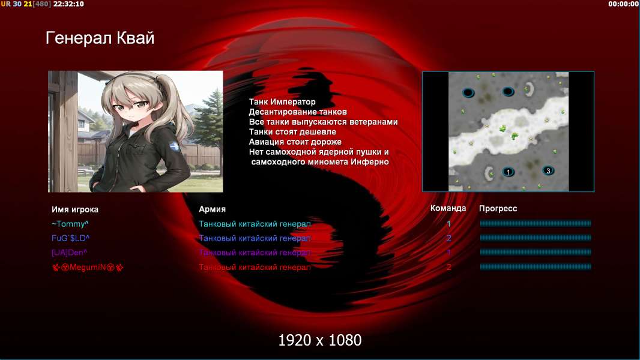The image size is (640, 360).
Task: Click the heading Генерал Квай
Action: click(x=100, y=38)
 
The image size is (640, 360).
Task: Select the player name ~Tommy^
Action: click(x=70, y=224)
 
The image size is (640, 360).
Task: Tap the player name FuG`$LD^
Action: click(x=71, y=238)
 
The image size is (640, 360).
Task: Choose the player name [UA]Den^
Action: click(x=70, y=253)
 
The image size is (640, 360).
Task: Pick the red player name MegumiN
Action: click(x=88, y=268)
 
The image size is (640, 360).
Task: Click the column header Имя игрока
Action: click(x=74, y=209)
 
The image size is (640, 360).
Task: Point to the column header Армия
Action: click(x=213, y=209)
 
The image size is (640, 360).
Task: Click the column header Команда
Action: click(x=448, y=208)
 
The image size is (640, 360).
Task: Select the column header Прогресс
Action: click(x=498, y=209)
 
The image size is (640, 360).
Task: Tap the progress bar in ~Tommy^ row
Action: click(x=536, y=223)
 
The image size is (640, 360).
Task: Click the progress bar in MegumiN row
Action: click(x=536, y=267)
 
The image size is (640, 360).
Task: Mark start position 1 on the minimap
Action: click(x=508, y=172)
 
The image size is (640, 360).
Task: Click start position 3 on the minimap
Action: click(x=548, y=170)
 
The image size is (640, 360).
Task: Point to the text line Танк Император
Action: click(x=282, y=102)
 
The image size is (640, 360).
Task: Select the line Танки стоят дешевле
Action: click(x=292, y=131)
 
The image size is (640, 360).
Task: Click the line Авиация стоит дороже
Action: click(x=295, y=142)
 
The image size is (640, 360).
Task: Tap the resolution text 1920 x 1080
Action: click(x=320, y=340)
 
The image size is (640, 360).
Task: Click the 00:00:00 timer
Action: click(x=623, y=4)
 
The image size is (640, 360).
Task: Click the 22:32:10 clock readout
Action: click(x=68, y=4)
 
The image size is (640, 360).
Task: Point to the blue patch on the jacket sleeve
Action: click(x=175, y=146)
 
